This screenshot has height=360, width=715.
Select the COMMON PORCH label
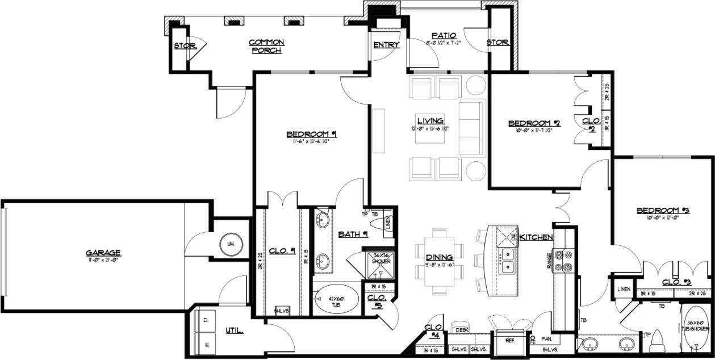[266, 47]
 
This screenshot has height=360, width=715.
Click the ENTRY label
[386, 45]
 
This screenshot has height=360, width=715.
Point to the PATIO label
[444, 36]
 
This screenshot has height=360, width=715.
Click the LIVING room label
[430, 120]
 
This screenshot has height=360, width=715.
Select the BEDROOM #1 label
[312, 135]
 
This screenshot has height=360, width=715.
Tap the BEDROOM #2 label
[534, 123]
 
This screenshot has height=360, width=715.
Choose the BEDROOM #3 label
[663, 211]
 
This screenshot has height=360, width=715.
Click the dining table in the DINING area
[439, 260]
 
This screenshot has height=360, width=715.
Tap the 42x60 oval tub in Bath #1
[336, 299]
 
